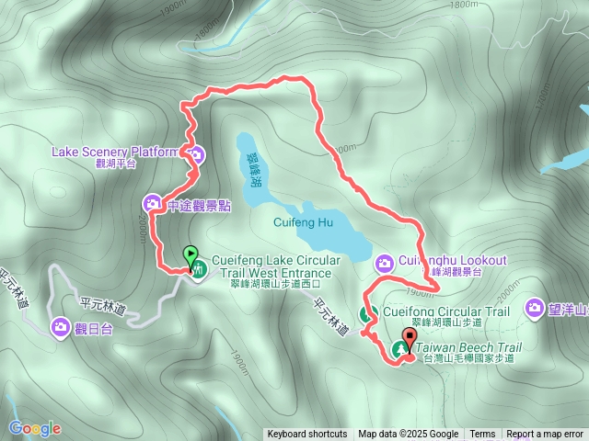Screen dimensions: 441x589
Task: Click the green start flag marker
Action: pyautogui.click(x=191, y=253)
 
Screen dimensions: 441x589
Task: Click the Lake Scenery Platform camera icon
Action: pyautogui.click(x=198, y=153)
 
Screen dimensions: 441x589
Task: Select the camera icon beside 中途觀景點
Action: pyautogui.click(x=153, y=203)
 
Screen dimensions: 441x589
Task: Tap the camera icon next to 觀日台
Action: pyautogui.click(x=61, y=325)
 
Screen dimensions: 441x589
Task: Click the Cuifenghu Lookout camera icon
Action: pyautogui.click(x=385, y=264)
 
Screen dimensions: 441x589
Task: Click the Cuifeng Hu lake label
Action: pyautogui.click(x=303, y=221)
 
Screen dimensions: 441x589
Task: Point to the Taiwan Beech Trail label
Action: pyautogui.click(x=468, y=348)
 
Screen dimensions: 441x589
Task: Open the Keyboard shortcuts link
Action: pyautogui.click(x=307, y=435)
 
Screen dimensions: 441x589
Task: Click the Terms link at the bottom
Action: pyautogui.click(x=482, y=435)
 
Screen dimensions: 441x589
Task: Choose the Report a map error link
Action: pyautogui.click(x=545, y=435)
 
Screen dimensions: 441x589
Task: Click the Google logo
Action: pyautogui.click(x=34, y=428)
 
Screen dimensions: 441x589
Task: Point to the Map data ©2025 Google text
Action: pyautogui.click(x=409, y=435)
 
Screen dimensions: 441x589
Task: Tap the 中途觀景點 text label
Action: pyautogui.click(x=199, y=206)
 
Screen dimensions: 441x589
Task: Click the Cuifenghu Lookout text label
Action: pyautogui.click(x=447, y=261)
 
